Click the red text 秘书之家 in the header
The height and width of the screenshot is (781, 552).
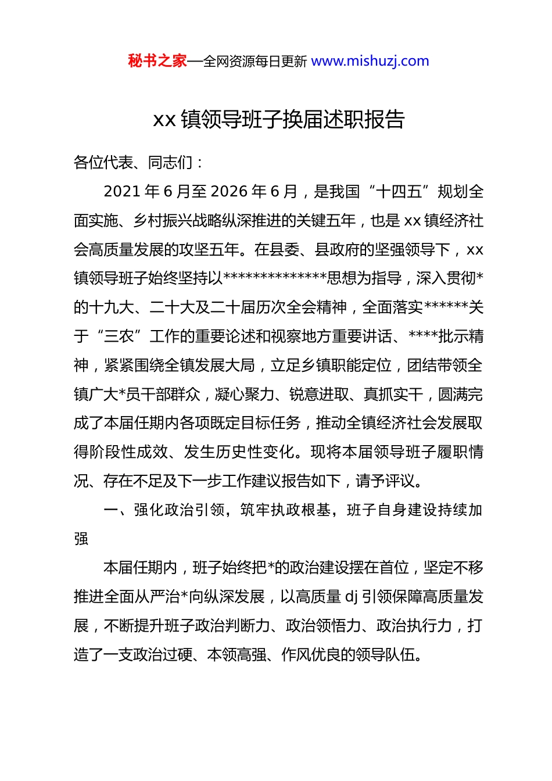tap(157, 61)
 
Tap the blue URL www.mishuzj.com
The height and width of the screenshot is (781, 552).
tap(370, 61)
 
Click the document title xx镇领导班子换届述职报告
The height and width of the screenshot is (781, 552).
tap(278, 120)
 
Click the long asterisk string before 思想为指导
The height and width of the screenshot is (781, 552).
tap(275, 278)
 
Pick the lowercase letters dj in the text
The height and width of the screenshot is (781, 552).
tap(352, 597)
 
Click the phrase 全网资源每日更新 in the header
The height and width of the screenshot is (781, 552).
tap(255, 62)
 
